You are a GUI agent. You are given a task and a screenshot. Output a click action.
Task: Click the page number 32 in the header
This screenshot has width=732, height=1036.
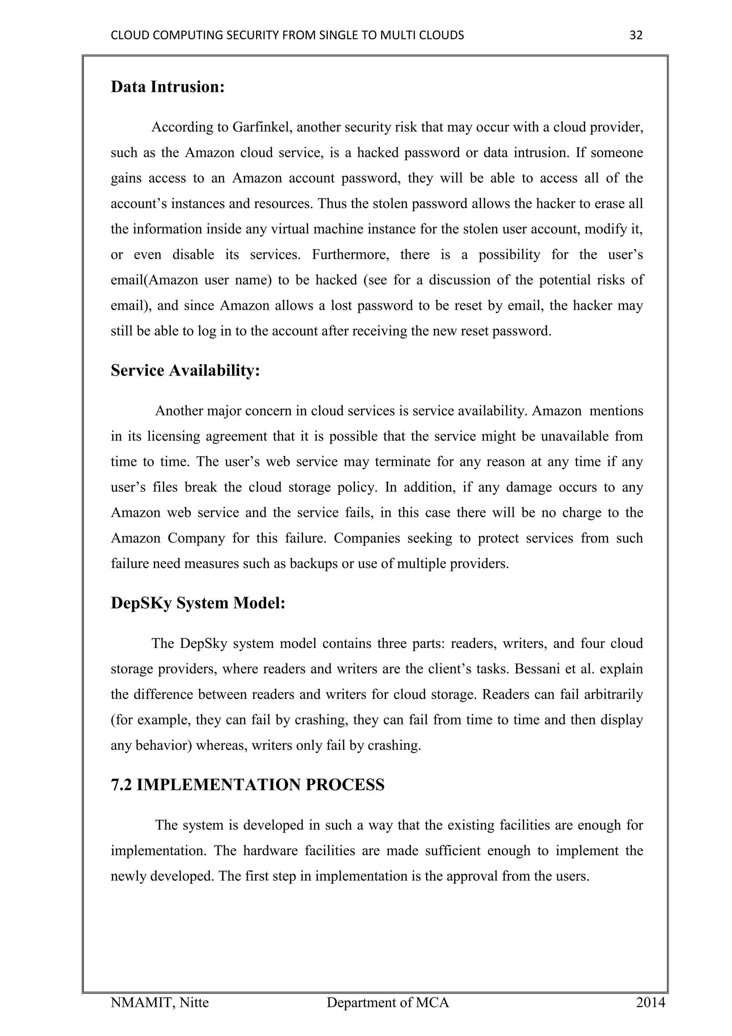coord(635,35)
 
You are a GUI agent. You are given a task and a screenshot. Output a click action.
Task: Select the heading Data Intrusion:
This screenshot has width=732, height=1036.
coord(168,87)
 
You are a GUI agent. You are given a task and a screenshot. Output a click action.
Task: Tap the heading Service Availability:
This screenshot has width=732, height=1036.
coord(185,371)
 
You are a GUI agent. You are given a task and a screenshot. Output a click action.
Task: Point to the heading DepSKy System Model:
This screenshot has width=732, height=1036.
coord(198,603)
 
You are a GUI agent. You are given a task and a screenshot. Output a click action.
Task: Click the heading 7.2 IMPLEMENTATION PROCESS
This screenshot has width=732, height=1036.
coord(247,785)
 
